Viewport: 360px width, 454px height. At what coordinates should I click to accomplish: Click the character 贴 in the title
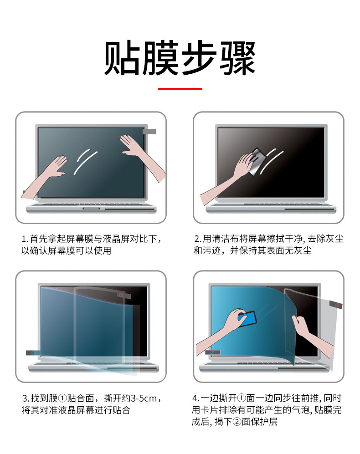[122, 59]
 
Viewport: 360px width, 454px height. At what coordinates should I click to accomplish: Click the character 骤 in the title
[237, 59]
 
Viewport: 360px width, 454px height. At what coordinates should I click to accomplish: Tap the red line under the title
[180, 88]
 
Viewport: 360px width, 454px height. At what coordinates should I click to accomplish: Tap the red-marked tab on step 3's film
[121, 295]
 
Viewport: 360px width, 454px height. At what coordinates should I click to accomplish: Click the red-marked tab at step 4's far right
[338, 304]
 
